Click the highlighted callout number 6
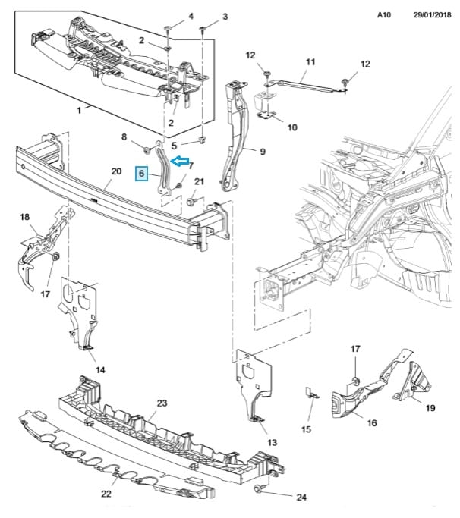point(141,174)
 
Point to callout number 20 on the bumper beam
point(115,171)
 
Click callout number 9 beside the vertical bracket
point(263,152)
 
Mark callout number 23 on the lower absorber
point(161,403)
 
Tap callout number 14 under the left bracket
point(99,370)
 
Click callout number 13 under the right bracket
point(272,442)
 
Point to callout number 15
point(306,429)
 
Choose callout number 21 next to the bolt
point(200,181)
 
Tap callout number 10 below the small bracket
point(292,127)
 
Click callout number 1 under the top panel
point(80,110)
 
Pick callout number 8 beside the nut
point(124,137)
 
